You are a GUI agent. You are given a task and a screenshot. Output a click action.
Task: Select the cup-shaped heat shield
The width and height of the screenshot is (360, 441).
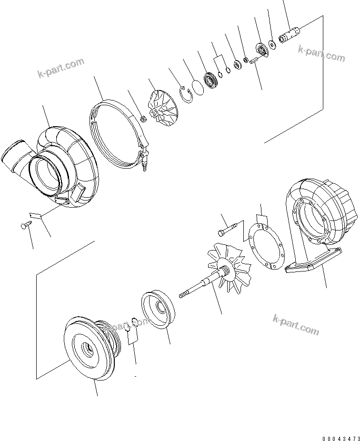(x=159, y=312)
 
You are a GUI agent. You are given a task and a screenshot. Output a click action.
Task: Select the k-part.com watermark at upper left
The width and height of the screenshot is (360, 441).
(x=60, y=67)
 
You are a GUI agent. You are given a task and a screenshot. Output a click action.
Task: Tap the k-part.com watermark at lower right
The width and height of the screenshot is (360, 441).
(x=296, y=324)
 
